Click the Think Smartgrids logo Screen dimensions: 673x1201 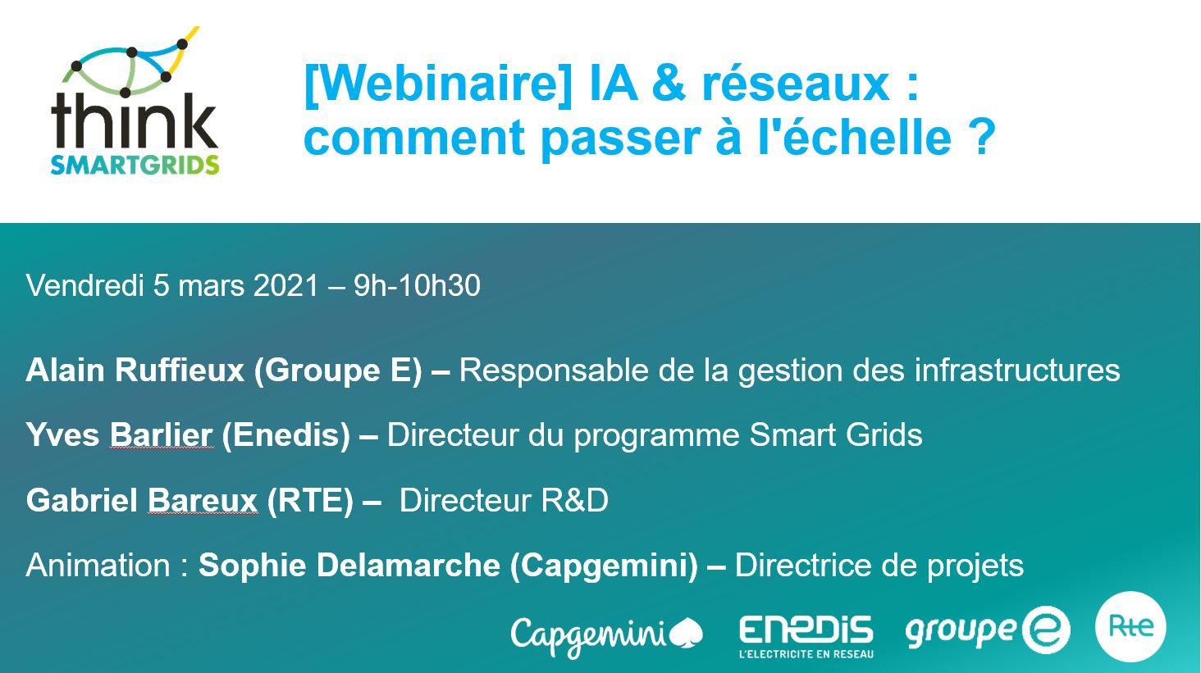pos(135,102)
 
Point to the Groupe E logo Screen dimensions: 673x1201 pos(987,630)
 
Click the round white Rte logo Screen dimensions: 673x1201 pos(1130,626)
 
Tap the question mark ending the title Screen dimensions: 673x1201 pos(980,138)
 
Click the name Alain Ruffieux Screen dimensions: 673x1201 pos(135,371)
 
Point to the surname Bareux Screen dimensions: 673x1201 pos(202,500)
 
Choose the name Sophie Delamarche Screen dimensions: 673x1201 pos(349,566)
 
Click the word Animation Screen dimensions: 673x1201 pos(97,566)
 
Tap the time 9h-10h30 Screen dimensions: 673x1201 pos(417,286)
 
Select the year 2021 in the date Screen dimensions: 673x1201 pos(285,286)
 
